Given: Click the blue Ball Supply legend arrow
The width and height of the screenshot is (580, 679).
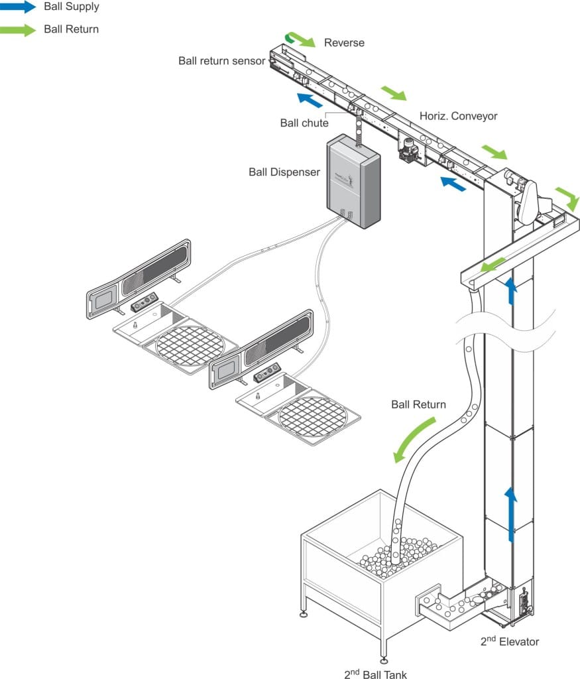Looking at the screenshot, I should (x=18, y=7).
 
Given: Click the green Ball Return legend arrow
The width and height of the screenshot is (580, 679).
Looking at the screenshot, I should (x=18, y=29).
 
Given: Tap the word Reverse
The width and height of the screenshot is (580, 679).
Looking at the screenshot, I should (x=344, y=43).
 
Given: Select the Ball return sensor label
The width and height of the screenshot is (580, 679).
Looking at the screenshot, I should (x=221, y=61).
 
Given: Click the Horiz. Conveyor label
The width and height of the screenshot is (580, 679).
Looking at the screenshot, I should (x=458, y=116).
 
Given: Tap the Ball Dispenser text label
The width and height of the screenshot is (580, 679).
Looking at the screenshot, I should (x=284, y=172).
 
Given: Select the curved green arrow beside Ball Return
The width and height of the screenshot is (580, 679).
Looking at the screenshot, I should (x=415, y=439).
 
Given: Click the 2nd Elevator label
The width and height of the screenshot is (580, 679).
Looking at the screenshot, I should (x=510, y=641).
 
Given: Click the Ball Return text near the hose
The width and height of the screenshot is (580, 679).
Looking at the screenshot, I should (x=418, y=404).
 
